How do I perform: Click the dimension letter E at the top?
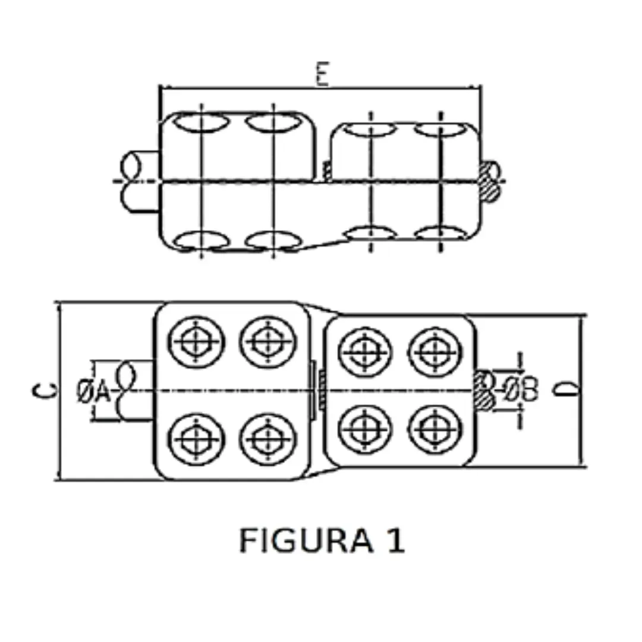coord(322,75)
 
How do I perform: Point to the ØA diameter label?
coord(94,391)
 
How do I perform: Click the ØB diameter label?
coord(521,391)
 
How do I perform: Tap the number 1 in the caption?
coord(395,540)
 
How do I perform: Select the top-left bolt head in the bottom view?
coord(196,342)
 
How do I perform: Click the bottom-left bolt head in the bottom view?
coord(196,439)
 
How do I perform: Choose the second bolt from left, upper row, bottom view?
coord(268,342)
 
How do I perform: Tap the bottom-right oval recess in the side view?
coord(438,235)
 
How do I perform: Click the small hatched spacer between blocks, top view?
coord(326,171)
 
